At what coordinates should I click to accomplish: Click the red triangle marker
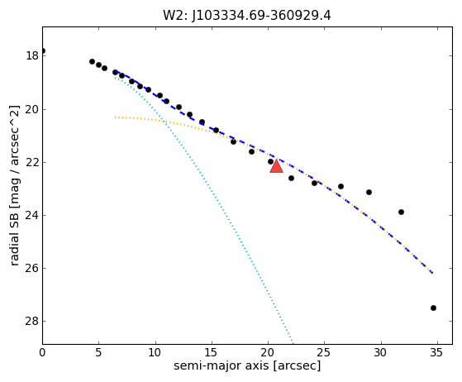coord(276,166)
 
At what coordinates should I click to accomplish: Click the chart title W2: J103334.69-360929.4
coord(247,16)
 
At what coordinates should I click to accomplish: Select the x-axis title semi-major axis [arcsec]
coord(247,365)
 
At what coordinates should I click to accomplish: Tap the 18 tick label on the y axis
coord(32,55)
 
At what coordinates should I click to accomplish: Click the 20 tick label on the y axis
coord(32,110)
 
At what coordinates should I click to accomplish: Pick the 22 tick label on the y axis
coord(32,163)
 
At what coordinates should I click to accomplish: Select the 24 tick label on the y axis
coord(32,216)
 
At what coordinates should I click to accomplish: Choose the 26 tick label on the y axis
coord(32,269)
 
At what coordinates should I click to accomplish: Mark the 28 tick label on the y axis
coord(32,322)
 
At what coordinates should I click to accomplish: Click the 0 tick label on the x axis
coord(42,352)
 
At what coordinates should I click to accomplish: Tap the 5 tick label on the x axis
coord(98,352)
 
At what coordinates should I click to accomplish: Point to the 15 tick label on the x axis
coord(212,352)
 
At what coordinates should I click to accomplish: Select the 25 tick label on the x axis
coord(324,352)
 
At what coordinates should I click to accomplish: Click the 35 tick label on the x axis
coord(437,352)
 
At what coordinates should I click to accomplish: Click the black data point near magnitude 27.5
coord(433,308)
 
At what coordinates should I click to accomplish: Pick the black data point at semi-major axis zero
coord(43,50)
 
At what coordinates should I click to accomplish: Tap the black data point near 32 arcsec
coord(401,212)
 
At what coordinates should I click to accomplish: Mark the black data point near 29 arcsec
coord(369,192)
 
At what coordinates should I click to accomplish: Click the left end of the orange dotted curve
coord(115,117)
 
